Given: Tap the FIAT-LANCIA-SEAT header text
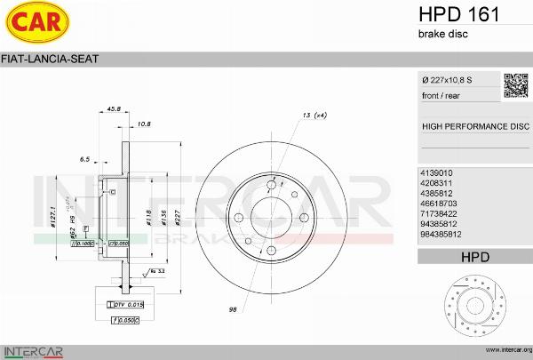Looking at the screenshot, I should (x=51, y=60).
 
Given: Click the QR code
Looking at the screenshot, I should (x=515, y=85).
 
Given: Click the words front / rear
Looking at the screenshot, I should (x=441, y=95).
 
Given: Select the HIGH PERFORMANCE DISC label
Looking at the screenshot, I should (x=474, y=126).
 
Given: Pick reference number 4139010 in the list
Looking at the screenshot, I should (x=435, y=172).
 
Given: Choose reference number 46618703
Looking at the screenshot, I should (x=438, y=204).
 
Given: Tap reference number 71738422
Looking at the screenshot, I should (x=438, y=214).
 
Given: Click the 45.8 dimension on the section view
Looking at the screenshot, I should (x=114, y=109).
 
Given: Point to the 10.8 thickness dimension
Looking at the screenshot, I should (x=144, y=124).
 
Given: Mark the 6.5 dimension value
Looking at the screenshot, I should (x=85, y=159).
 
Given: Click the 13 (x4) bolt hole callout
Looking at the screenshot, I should (x=314, y=116).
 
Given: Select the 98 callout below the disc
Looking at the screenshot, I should (x=231, y=308).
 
